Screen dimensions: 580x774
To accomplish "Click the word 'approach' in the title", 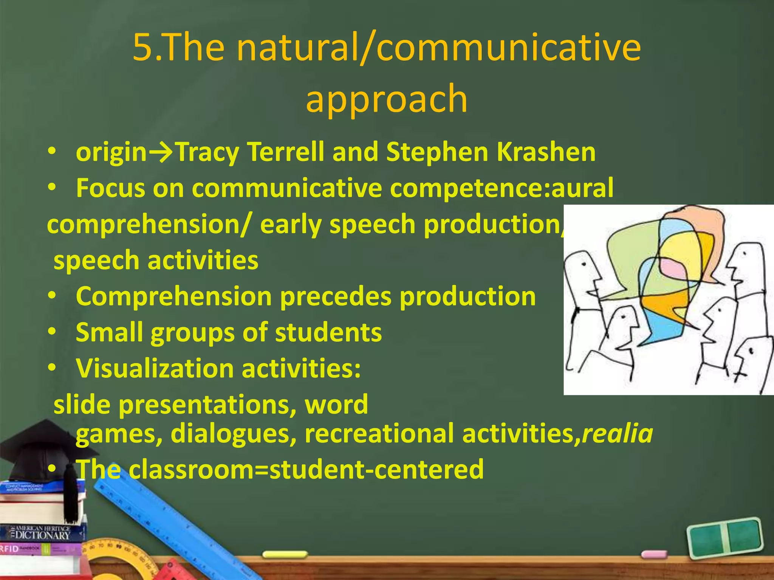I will [x=387, y=99].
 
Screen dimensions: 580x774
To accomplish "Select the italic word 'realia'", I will [x=617, y=433].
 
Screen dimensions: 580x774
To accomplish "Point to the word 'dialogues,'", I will [x=234, y=433].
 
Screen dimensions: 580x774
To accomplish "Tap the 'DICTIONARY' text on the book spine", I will [x=42, y=535].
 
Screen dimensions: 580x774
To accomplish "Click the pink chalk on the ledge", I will [x=654, y=554].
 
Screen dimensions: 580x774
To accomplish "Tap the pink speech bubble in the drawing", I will [x=673, y=268].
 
